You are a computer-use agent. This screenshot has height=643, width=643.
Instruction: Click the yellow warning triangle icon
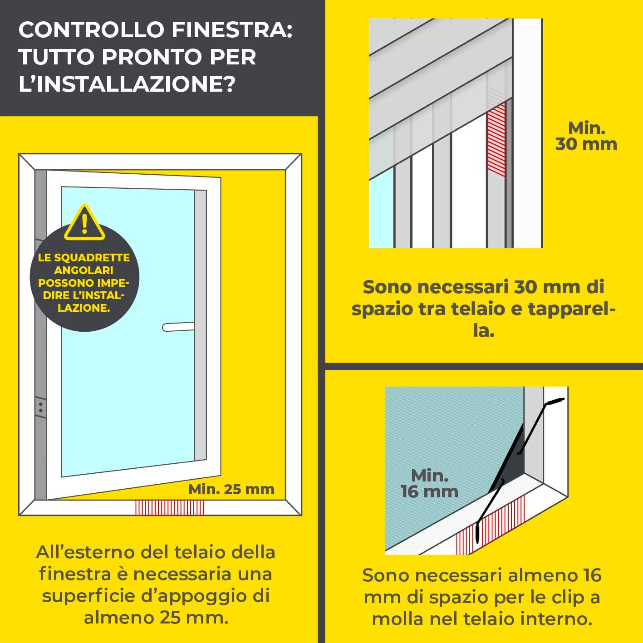coord(84,224)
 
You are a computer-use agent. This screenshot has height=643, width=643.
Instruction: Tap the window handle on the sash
coord(178,327)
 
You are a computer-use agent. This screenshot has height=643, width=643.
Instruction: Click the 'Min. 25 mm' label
coord(231,489)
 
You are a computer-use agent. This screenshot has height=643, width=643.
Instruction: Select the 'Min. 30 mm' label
coord(586,136)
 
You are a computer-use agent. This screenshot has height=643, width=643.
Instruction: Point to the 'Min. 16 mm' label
coord(429,484)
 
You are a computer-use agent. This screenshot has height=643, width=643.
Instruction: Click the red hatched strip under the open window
coord(170,507)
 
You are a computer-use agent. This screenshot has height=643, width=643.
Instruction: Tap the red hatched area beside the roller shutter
coord(496,136)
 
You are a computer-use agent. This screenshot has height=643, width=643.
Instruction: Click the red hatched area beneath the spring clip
coord(495,526)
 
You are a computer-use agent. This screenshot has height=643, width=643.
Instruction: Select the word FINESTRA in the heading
coord(232,30)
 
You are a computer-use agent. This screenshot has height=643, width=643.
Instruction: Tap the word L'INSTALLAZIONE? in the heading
coord(127,84)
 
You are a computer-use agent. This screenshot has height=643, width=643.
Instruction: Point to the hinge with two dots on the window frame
coord(40,407)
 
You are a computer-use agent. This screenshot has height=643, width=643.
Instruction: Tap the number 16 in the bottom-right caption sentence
coord(591,575)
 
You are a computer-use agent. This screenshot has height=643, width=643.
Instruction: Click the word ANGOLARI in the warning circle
coord(83,270)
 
